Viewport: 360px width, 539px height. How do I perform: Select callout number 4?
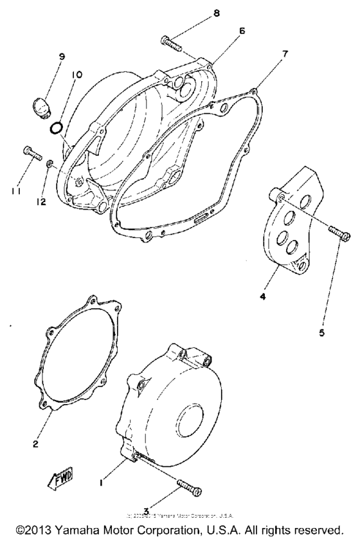point(263,297)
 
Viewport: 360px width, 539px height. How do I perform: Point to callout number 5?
point(321,334)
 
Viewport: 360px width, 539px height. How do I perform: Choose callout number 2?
point(36,443)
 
